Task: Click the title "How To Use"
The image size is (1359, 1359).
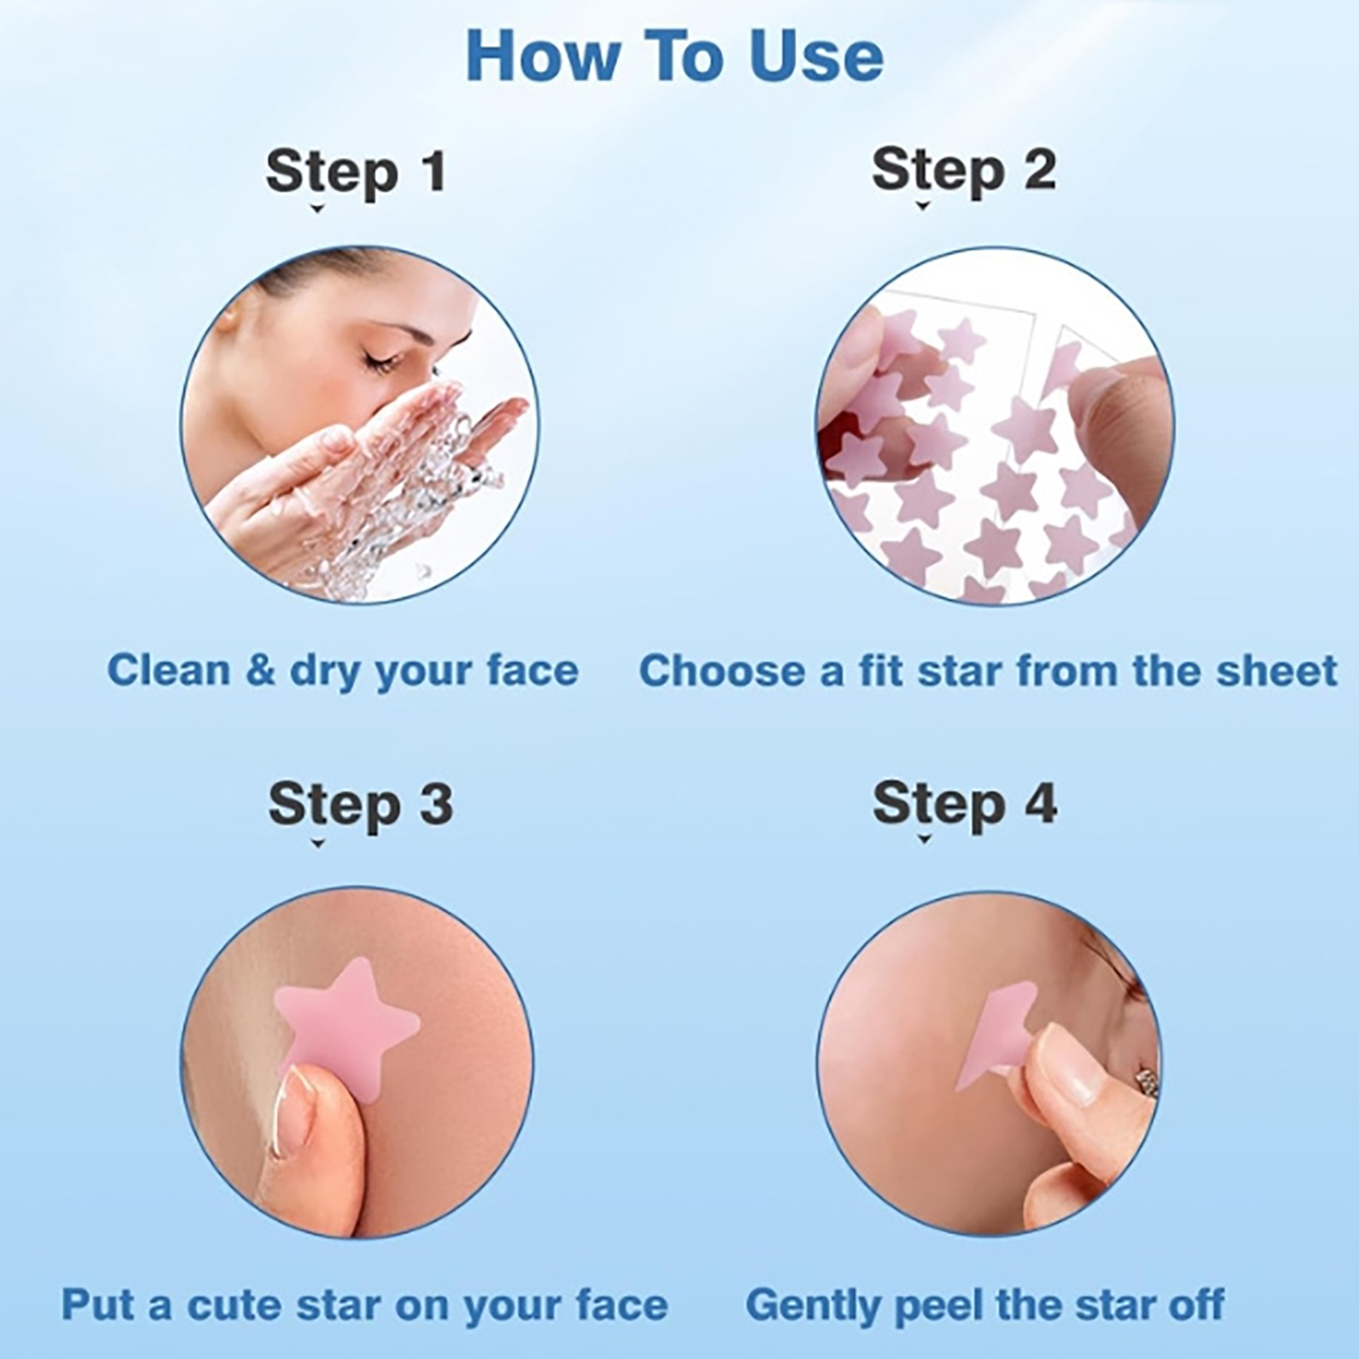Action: (675, 56)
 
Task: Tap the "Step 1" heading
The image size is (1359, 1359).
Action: (356, 172)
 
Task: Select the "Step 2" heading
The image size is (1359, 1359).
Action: (964, 171)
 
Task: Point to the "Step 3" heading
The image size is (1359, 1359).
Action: (360, 804)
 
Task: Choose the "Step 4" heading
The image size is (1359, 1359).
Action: (965, 804)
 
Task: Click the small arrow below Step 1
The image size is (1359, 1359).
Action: (318, 208)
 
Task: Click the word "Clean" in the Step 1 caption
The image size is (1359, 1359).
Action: (169, 670)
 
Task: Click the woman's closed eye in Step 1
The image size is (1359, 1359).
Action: (380, 364)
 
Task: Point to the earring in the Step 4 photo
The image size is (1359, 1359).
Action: (1146, 1081)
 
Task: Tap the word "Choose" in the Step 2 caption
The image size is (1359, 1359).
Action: (720, 671)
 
